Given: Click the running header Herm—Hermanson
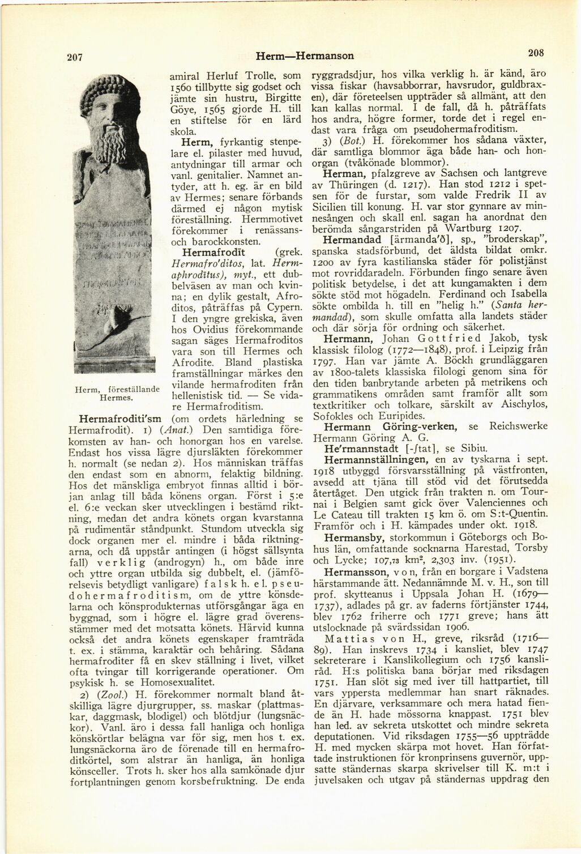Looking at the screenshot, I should [x=305, y=55].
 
